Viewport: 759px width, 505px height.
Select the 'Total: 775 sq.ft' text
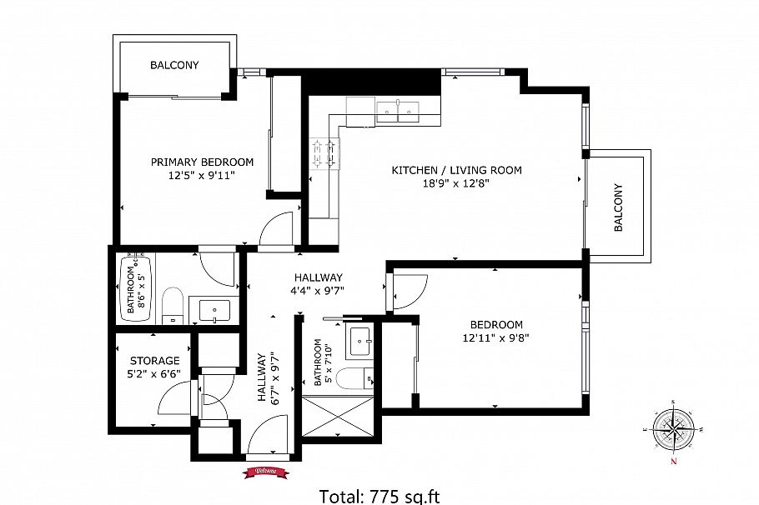[379, 496]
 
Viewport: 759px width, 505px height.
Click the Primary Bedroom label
[202, 162]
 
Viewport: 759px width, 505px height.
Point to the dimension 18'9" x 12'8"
[456, 184]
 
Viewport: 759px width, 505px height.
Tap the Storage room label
[153, 361]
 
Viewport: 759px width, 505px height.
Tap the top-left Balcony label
[174, 65]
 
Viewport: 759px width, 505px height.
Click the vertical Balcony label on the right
[618, 207]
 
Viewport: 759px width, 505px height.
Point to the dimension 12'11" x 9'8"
[496, 338]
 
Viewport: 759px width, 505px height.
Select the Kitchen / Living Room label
[456, 170]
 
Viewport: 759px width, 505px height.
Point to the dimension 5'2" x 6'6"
[153, 375]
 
